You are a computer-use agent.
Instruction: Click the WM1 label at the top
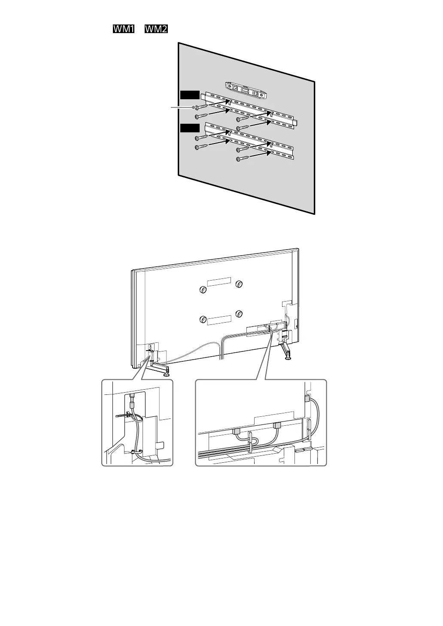pyautogui.click(x=124, y=29)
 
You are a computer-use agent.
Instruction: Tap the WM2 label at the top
pyautogui.click(x=156, y=29)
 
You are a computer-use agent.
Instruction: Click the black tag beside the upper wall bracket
pyautogui.click(x=190, y=95)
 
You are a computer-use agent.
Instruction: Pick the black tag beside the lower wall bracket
pyautogui.click(x=190, y=128)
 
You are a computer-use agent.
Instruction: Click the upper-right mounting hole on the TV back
pyautogui.click(x=239, y=284)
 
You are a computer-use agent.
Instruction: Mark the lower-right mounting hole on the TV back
pyautogui.click(x=239, y=313)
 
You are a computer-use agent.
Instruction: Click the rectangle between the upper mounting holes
pyautogui.click(x=219, y=281)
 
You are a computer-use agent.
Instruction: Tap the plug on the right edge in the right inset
pyautogui.click(x=306, y=399)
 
